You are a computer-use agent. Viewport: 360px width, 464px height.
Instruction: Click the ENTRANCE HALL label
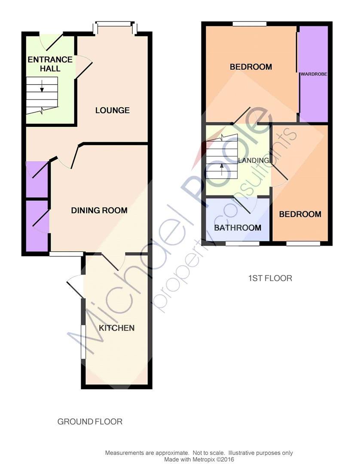click(50, 64)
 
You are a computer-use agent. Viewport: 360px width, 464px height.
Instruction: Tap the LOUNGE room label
click(113, 110)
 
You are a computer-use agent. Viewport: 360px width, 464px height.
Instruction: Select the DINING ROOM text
click(99, 211)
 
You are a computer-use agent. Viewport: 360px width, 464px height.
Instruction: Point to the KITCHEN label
click(116, 328)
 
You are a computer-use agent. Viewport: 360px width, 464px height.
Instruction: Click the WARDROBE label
click(314, 74)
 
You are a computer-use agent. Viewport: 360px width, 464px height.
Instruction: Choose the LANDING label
click(253, 160)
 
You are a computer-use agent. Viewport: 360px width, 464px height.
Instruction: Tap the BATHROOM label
click(238, 228)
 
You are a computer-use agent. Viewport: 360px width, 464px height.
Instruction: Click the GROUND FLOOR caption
click(90, 421)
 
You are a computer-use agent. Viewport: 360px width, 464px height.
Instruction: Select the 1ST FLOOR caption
click(270, 278)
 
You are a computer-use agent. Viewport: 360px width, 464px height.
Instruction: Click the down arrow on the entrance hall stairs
click(42, 85)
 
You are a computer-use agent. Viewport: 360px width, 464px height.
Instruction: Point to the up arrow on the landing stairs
click(222, 170)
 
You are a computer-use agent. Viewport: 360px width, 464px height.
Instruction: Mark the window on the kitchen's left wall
click(83, 342)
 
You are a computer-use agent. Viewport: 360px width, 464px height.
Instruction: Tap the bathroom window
click(243, 244)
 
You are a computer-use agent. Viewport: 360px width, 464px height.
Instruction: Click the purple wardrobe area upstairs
click(314, 74)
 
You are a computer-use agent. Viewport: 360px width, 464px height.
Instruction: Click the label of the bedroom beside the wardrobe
click(251, 67)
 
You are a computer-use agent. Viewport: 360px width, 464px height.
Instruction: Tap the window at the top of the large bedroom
click(250, 24)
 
